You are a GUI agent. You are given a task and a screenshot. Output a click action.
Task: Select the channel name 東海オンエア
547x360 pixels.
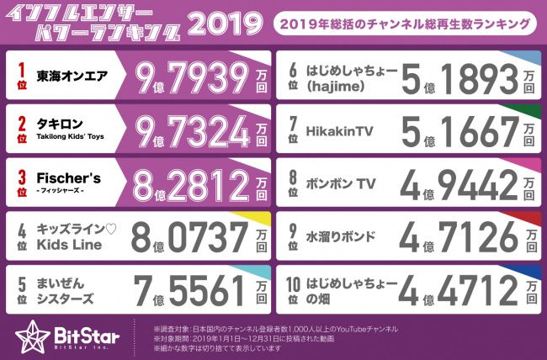pos(72,75)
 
